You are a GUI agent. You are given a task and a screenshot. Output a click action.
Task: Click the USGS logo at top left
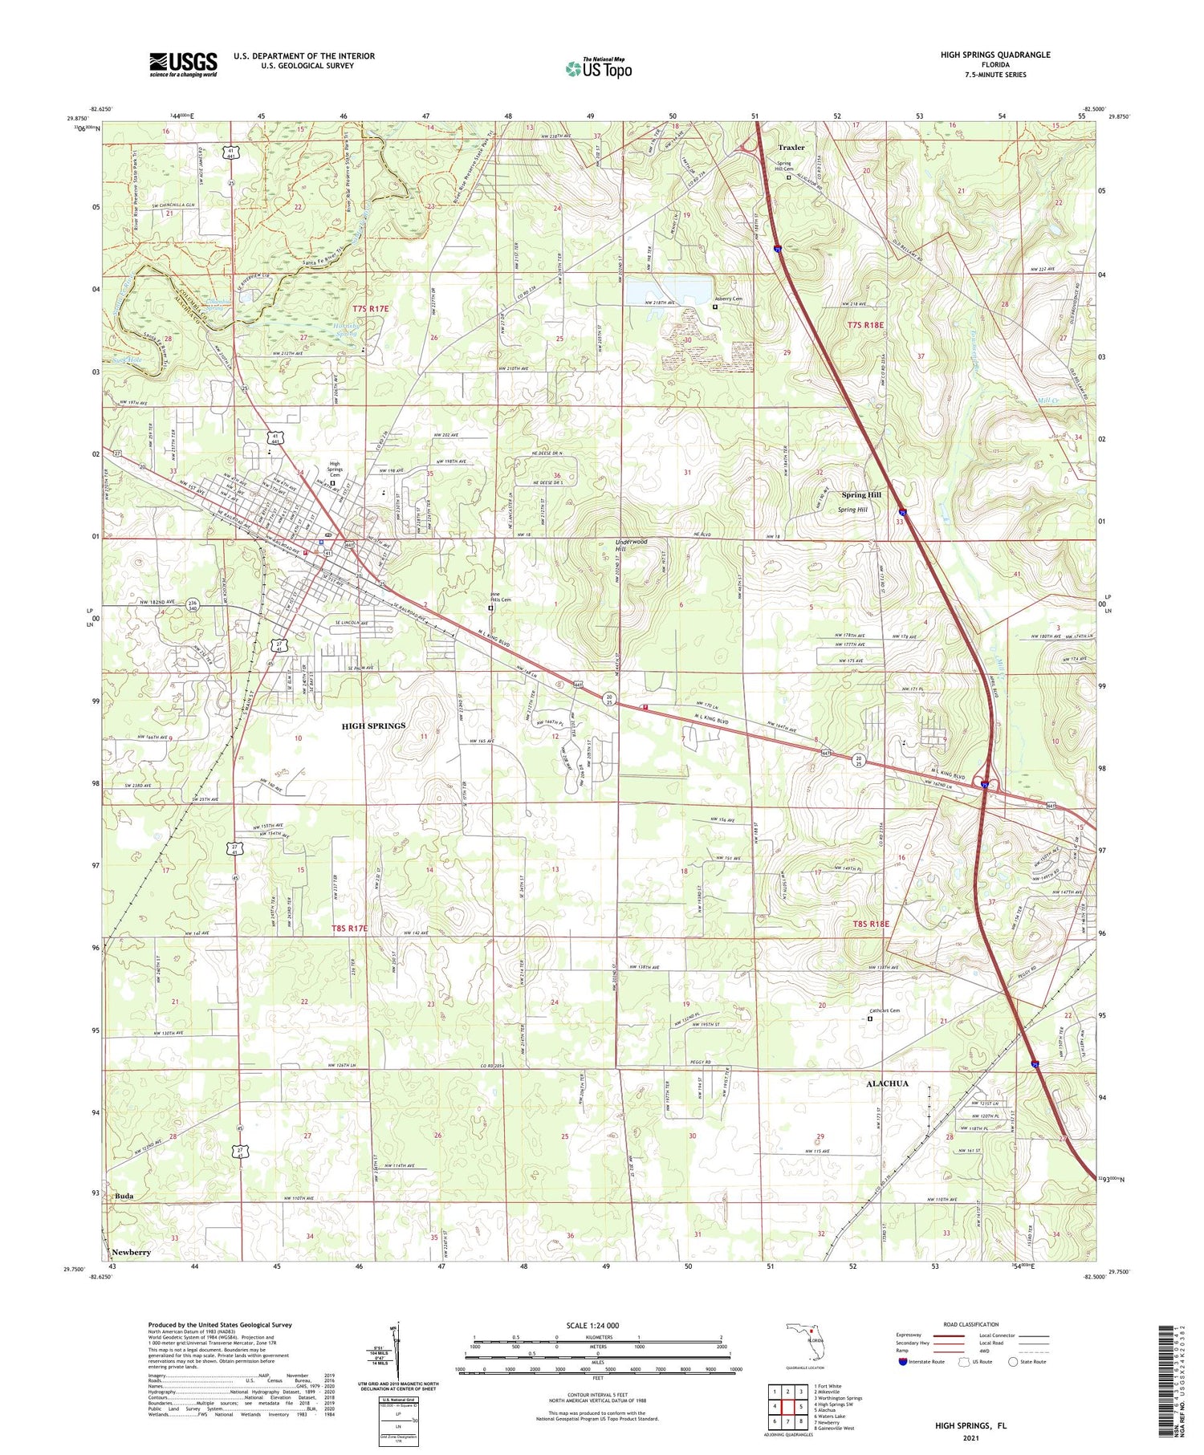183,63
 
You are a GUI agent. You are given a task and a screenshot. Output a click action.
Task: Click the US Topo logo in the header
599,68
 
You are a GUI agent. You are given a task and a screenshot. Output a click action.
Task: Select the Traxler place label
791,148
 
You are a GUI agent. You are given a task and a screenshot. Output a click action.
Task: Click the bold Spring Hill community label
860,495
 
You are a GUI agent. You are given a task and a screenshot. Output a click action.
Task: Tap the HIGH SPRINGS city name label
373,725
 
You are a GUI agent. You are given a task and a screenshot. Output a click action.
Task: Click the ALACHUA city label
887,1083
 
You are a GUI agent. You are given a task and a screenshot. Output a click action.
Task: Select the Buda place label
124,1196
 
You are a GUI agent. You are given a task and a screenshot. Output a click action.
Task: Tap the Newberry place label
131,1252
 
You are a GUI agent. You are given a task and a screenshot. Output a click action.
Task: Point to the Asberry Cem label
730,299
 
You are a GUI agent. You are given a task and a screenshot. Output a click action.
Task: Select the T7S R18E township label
864,325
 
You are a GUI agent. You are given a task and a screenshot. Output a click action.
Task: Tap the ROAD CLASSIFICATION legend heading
971,1324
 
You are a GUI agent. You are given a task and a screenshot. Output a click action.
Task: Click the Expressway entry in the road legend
912,1335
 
